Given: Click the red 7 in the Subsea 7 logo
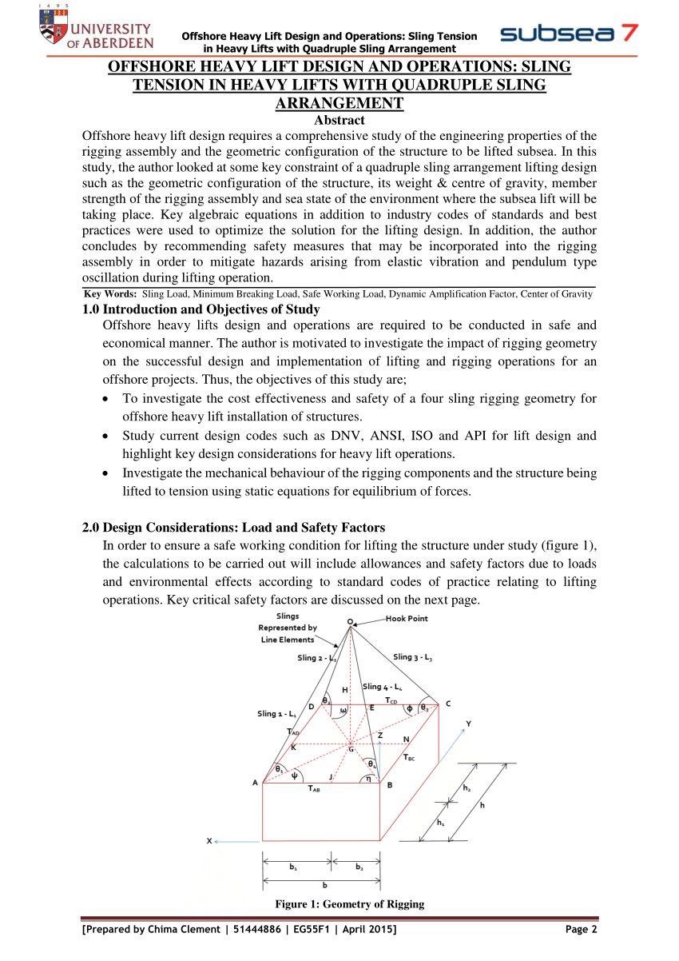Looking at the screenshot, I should point(628,34).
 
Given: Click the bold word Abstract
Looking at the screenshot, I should point(339,120).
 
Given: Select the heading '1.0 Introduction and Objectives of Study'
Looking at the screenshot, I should point(201,309).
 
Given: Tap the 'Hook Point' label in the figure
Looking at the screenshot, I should point(407,619).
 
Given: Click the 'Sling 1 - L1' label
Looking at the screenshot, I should point(277,713).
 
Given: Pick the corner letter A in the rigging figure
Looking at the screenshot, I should point(256,783).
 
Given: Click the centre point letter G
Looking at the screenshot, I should point(350,748).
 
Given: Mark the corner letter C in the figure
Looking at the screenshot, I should point(448,704).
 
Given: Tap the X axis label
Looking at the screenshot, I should point(209,840).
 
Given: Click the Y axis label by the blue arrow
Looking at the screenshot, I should point(468,724).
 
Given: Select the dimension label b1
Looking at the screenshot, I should point(295,866).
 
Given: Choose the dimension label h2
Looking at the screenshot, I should point(467,788).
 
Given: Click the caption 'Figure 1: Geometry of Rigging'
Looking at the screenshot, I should point(349,904).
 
